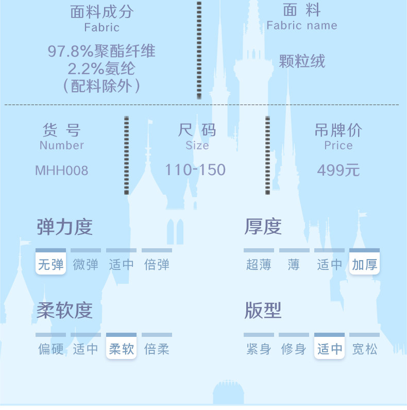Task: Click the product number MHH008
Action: click(x=61, y=170)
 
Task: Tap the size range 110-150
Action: click(x=195, y=169)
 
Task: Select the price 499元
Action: click(x=338, y=170)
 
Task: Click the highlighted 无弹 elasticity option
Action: click(x=51, y=264)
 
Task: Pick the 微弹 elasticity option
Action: click(x=86, y=265)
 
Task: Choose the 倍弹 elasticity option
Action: click(x=157, y=265)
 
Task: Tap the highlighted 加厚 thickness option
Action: click(x=364, y=265)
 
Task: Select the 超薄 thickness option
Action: click(x=259, y=265)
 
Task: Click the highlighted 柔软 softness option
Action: click(x=121, y=349)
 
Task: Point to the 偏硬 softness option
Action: click(x=51, y=349)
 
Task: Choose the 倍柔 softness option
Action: click(x=157, y=349)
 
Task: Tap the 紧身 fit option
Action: click(x=259, y=349)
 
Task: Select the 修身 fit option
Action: click(x=294, y=349)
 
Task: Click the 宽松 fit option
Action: click(x=364, y=349)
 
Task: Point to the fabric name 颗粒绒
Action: click(x=302, y=62)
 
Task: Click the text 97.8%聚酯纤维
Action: click(x=101, y=51)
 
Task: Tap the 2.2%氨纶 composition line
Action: click(x=101, y=68)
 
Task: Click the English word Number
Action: click(x=61, y=145)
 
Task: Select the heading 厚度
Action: click(x=263, y=227)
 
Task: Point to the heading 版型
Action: click(x=263, y=311)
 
